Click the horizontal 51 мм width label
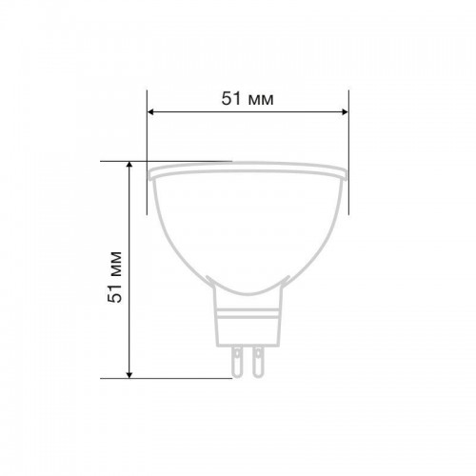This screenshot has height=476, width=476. tap(248, 98)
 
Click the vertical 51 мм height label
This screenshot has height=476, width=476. tap(115, 277)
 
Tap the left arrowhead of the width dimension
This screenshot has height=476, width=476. tap(151, 111)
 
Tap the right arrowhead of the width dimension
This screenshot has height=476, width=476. tap(345, 111)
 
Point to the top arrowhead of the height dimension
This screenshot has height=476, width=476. tap(129, 165)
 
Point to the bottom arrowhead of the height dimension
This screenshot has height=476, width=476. tap(129, 375)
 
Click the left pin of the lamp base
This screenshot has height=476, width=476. tap(237, 362)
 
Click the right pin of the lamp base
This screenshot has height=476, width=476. tap(258, 362)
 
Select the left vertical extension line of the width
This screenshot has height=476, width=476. tap(147, 152)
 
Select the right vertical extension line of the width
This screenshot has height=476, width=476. tap(348, 152)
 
